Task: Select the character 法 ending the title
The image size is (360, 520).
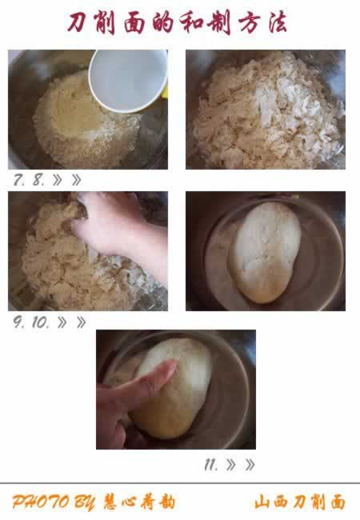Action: click(x=277, y=23)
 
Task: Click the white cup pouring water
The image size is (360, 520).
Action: click(x=128, y=79)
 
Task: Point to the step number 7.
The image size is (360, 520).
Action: click(x=18, y=180)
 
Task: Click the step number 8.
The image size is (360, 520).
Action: click(x=38, y=180)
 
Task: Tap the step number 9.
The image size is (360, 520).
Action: click(x=18, y=322)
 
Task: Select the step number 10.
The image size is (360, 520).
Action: click(x=41, y=322)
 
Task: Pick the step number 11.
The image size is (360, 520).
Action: click(x=211, y=465)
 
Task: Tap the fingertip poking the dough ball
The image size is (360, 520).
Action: click(x=171, y=366)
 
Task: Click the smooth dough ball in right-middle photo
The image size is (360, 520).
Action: click(x=265, y=252)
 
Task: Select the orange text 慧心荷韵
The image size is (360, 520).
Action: click(x=139, y=502)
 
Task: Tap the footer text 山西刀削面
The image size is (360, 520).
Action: click(x=300, y=502)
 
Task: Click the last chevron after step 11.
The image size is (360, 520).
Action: click(x=250, y=465)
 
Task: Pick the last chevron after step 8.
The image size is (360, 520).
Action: click(x=76, y=180)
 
